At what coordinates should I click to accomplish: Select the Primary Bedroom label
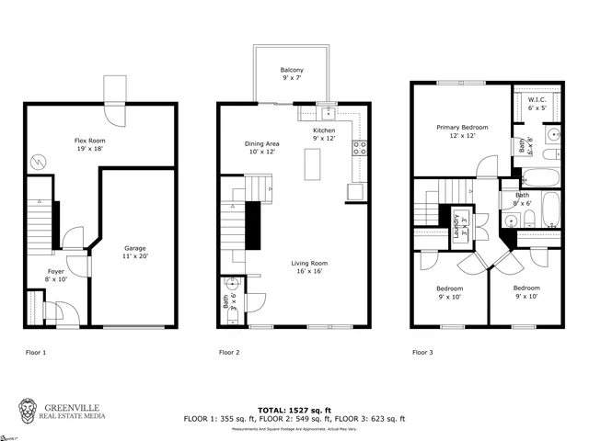pyautogui.click(x=462, y=131)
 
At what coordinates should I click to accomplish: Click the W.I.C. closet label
pyautogui.click(x=537, y=103)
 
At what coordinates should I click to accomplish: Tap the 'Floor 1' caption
pyautogui.click(x=36, y=352)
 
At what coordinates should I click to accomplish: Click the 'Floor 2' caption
pyautogui.click(x=229, y=352)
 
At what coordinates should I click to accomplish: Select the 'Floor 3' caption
pyautogui.click(x=422, y=352)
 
